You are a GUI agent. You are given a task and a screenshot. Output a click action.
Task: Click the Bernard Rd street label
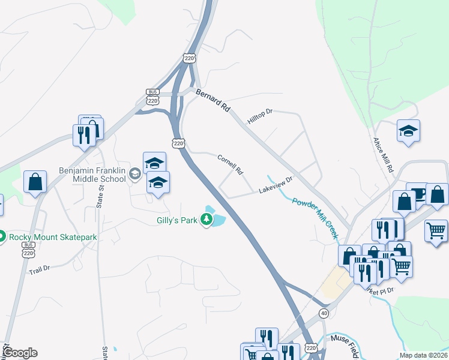214,101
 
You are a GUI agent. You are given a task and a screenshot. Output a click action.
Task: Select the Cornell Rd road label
230,163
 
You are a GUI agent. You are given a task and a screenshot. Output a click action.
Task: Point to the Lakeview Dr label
275,184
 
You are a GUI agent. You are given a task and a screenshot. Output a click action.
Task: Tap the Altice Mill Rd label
381,153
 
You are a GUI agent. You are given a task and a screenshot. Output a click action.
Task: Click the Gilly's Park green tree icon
207,221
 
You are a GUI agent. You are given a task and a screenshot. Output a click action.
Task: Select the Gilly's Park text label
177,220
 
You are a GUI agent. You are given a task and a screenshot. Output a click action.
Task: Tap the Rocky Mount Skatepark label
52,237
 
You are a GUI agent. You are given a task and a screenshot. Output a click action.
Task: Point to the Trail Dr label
39,271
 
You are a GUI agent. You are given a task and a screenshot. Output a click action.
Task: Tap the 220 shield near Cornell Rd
178,143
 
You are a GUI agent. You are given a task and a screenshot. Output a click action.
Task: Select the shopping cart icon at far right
435,230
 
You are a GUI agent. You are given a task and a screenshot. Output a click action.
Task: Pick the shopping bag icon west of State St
35,182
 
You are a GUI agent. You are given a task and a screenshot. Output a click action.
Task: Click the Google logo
20,353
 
